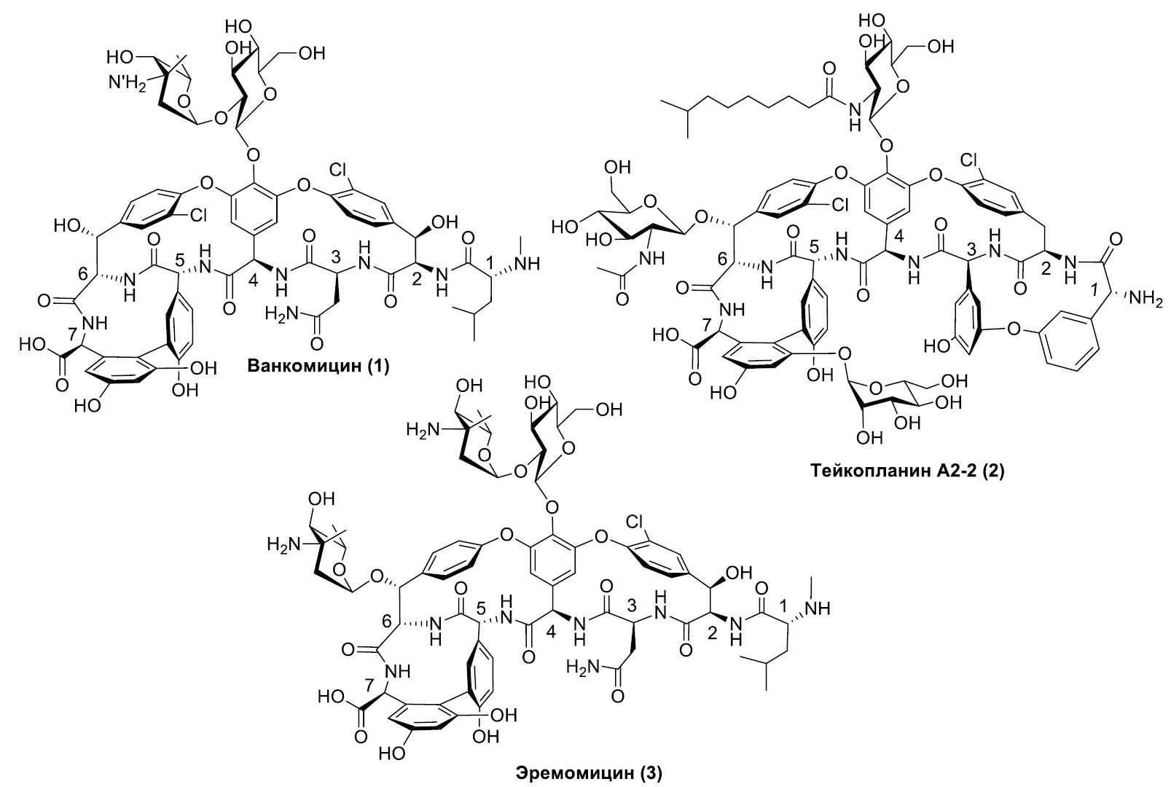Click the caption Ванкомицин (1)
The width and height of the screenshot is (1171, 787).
pyautogui.click(x=318, y=365)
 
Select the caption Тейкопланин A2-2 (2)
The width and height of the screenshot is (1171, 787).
pyautogui.click(x=906, y=471)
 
